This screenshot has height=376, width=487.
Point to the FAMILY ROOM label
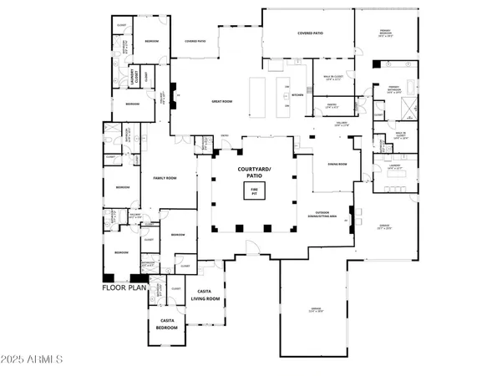point(164,177)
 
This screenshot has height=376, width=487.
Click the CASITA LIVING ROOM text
point(205,294)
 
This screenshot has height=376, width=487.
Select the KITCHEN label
point(297,95)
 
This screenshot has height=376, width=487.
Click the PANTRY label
point(331,106)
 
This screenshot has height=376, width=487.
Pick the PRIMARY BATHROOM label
point(393,89)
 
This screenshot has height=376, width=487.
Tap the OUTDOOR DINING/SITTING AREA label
point(321,214)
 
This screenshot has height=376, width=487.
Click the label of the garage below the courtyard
point(315,310)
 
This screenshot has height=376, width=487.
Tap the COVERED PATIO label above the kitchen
point(311,33)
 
